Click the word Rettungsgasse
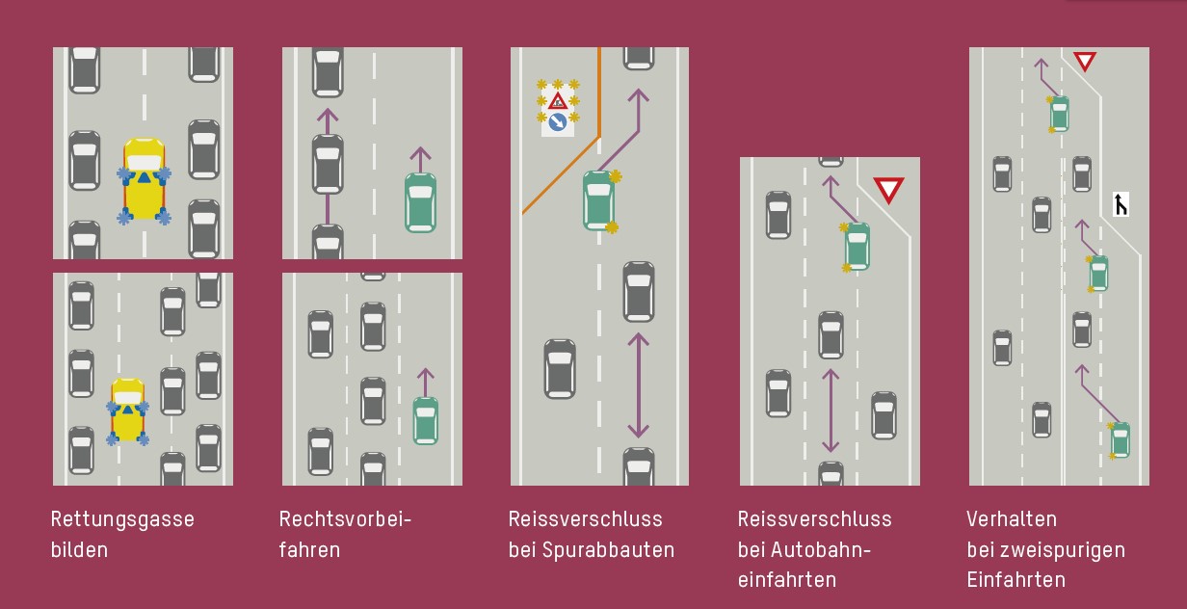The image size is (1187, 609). [122, 519]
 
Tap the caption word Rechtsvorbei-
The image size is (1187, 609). [345, 519]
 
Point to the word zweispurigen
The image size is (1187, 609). [1066, 550]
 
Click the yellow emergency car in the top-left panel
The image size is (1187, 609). [145, 178]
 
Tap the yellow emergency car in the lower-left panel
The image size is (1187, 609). [127, 410]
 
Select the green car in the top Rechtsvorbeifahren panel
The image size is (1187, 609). [420, 202]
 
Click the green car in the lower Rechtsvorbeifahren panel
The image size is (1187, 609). [425, 421]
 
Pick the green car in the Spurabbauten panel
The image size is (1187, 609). [598, 200]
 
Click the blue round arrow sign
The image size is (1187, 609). [557, 122]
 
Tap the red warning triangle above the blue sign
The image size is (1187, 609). [557, 100]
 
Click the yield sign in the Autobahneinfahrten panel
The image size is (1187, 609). [887, 190]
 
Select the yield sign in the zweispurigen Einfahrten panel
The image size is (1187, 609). [1085, 62]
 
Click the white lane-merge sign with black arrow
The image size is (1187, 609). [1121, 204]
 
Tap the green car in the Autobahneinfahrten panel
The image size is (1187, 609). [857, 247]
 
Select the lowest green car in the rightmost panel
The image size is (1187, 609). [1120, 439]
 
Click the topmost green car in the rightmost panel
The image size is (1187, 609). [1059, 114]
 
